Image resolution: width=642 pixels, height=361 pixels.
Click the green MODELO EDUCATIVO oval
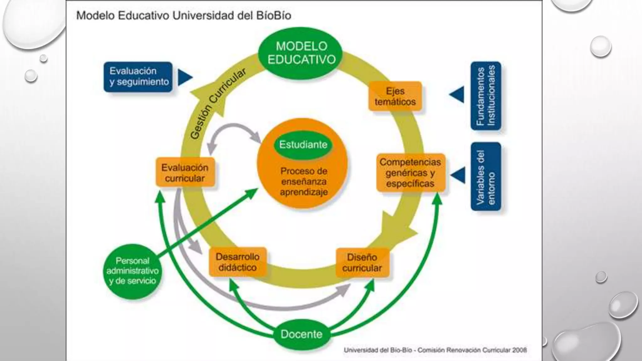click(301, 53)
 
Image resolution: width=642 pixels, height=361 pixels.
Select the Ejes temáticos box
click(395, 96)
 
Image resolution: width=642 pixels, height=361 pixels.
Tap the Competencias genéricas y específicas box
click(410, 173)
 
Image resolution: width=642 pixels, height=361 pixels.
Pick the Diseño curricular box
click(362, 263)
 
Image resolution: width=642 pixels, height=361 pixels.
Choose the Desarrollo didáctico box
click(238, 262)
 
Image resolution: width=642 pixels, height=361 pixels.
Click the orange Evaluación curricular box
click(185, 173)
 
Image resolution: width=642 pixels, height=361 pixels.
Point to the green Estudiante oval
click(303, 145)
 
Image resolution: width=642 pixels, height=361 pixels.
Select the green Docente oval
click(301, 334)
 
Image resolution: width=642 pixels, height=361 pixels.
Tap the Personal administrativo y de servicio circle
click(132, 271)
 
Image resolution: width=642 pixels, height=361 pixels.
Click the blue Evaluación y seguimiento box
click(138, 77)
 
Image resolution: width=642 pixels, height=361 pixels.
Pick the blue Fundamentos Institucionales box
click(486, 96)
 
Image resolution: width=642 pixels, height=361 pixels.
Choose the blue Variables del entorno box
click(486, 176)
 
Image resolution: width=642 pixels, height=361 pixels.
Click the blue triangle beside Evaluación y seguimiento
click(185, 77)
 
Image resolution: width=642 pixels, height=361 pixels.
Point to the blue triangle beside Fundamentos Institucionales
click(457, 95)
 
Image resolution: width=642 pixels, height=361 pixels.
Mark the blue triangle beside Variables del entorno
click(458, 175)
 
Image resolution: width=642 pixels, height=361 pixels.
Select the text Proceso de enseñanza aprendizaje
click(303, 181)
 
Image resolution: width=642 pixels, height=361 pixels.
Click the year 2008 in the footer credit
click(519, 350)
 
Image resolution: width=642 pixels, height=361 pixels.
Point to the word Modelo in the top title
click(96, 15)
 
